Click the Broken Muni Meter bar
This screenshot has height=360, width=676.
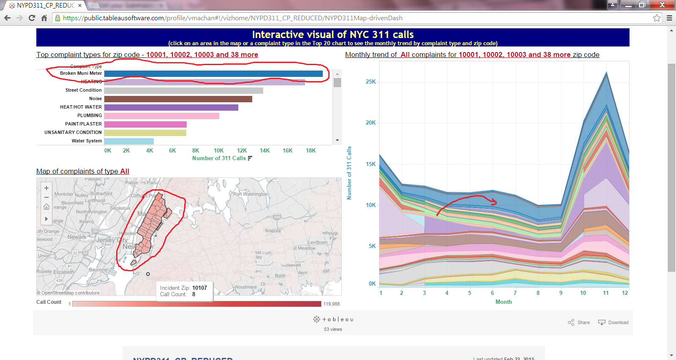click(x=213, y=74)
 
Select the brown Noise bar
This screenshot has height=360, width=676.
click(x=178, y=99)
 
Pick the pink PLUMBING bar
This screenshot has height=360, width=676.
click(x=161, y=116)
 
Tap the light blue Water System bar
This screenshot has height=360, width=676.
click(x=129, y=141)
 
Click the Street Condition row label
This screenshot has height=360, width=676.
click(x=83, y=90)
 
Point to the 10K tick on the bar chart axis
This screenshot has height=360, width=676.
click(x=218, y=150)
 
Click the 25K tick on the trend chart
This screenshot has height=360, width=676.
click(x=371, y=82)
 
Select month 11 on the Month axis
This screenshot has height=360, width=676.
click(x=605, y=293)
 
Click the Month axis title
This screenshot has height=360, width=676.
click(x=503, y=302)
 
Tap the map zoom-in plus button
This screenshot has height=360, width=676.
click(x=46, y=188)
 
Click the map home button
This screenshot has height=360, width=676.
click(x=46, y=207)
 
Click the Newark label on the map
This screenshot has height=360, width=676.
click(x=77, y=237)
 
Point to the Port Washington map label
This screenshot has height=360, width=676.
click(x=250, y=194)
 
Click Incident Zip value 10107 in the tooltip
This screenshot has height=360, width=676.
click(x=199, y=288)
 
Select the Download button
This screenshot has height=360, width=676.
click(x=613, y=322)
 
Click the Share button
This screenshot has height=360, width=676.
click(x=579, y=322)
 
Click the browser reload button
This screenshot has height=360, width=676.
click(x=32, y=18)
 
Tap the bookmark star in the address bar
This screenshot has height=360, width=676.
click(x=657, y=18)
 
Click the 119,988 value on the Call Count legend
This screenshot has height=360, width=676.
click(x=331, y=304)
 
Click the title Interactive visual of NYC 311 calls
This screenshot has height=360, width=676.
click(x=333, y=35)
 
